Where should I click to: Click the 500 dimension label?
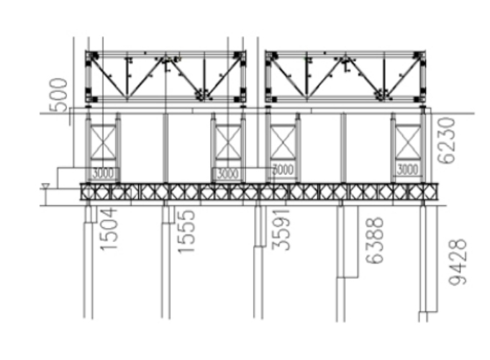tap(62, 94)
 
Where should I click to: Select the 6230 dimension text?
tap(446, 141)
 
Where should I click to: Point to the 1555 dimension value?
tap(186, 230)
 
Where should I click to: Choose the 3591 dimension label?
tap(284, 230)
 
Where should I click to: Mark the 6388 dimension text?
tap(374, 240)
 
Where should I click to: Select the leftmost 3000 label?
tap(104, 173)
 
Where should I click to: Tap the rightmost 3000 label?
tap(408, 170)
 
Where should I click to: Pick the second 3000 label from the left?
tap(227, 174)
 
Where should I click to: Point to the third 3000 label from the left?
tap(283, 169)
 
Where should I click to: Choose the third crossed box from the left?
tap(283, 141)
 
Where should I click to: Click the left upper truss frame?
tap(165, 76)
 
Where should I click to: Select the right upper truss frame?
tap(346, 76)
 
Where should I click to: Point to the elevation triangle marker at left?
tap(47, 187)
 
